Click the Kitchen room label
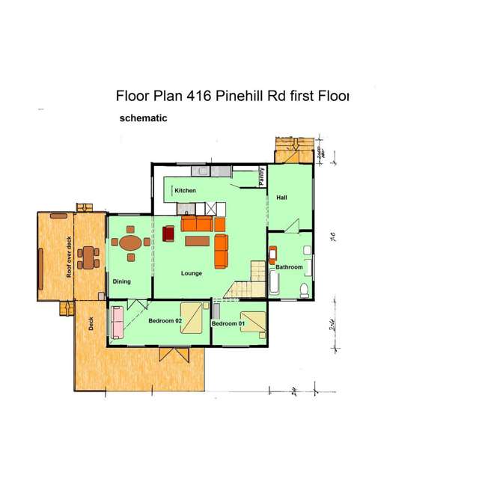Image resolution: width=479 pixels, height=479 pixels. [186, 191]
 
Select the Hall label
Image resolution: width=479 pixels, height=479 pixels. [281, 198]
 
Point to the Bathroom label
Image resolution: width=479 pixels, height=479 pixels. [289, 267]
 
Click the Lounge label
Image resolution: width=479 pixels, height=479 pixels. [192, 273]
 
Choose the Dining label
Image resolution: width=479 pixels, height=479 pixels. [122, 281]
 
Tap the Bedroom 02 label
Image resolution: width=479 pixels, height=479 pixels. [165, 321]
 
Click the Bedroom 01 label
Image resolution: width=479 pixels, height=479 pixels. [228, 323]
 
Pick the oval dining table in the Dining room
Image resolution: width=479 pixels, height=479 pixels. [131, 242]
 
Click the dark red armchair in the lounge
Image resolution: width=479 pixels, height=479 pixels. [168, 234]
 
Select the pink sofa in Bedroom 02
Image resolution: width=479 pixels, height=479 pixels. [117, 321]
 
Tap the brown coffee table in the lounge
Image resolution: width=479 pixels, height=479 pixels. [198, 240]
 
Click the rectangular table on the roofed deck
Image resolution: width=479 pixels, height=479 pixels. [90, 257]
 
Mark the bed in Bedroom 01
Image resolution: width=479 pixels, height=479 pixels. [253, 321]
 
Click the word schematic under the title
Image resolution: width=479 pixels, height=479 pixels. [143, 118]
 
